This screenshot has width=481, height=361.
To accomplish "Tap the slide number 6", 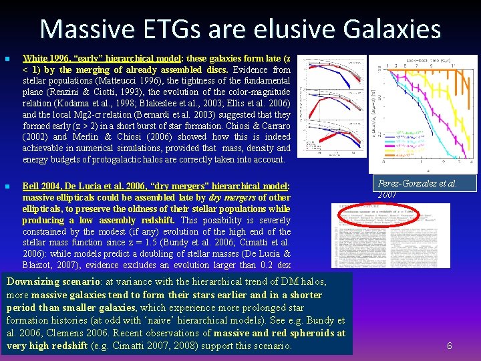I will pyautogui.click(x=450, y=346).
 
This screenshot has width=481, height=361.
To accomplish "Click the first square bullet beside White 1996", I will pyautogui.click(x=7, y=59).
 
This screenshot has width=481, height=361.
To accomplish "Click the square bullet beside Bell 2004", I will pyautogui.click(x=7, y=187).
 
